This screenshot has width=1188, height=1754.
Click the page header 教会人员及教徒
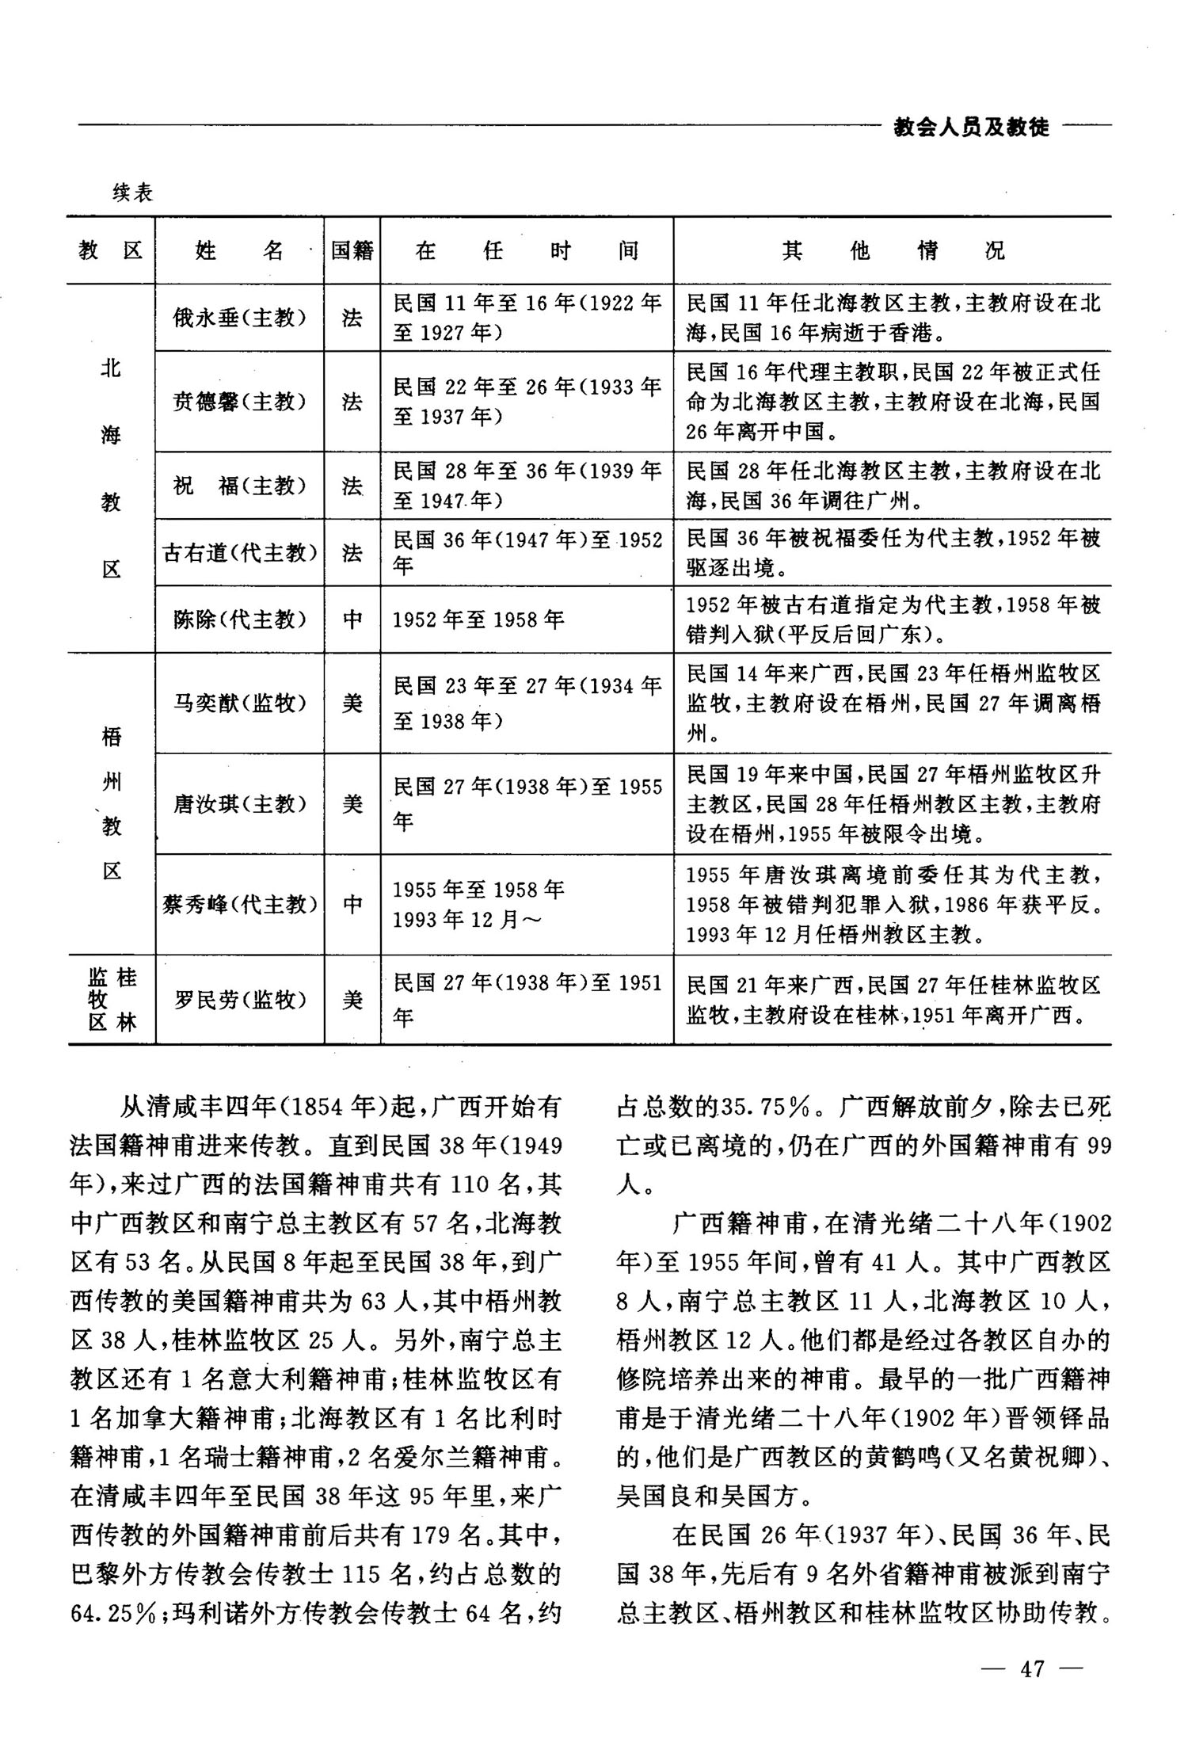coord(971,127)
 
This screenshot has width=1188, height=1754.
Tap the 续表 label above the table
coord(132,193)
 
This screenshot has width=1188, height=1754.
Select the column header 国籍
coord(352,251)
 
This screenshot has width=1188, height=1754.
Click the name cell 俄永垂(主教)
coord(239,318)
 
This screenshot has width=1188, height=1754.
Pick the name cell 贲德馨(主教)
coord(239,402)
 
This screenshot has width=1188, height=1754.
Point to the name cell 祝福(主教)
coord(239,485)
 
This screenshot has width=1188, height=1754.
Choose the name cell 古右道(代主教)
coord(239,552)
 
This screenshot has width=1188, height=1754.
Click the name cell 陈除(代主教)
coord(239,620)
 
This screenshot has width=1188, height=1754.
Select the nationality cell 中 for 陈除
coord(352,620)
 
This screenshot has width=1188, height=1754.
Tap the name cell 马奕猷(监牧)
coord(239,703)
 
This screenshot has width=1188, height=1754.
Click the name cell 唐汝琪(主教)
coord(239,804)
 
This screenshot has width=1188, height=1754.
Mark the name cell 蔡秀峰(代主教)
coord(239,904)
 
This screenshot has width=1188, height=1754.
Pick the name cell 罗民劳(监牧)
coord(239,1000)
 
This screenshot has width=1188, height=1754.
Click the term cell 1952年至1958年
coord(478,620)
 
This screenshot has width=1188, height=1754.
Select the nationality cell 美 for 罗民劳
coord(352,1000)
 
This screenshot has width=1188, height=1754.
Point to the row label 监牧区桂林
coord(112,1000)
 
